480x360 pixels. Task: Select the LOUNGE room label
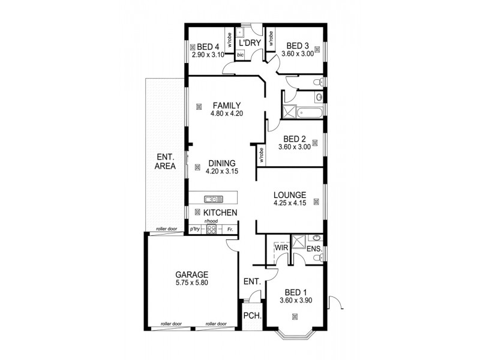(290, 195)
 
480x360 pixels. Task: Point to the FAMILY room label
(226, 106)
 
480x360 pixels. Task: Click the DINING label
(221, 163)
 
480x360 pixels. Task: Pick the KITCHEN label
(220, 213)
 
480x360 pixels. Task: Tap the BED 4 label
(208, 47)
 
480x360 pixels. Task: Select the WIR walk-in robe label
(281, 247)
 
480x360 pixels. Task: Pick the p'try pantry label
(194, 229)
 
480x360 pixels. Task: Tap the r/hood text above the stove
(211, 222)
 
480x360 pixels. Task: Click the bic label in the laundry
(241, 55)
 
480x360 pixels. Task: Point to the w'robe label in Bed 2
(262, 156)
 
